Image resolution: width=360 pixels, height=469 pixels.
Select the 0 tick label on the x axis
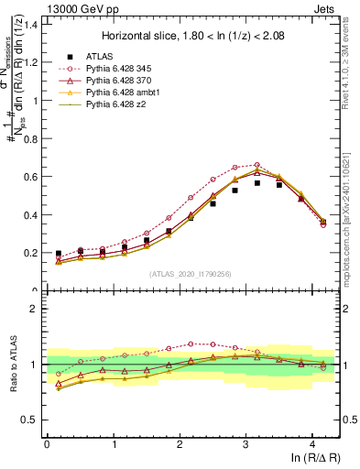[x=47, y=445]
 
